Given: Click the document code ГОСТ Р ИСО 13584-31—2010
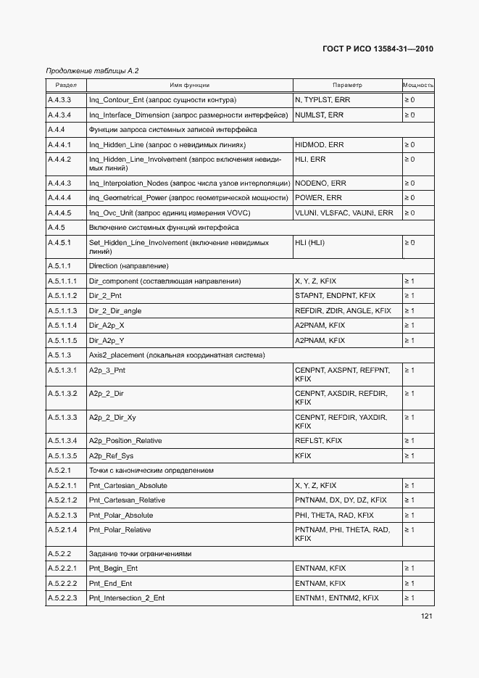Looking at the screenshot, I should pyautogui.click(x=378, y=49).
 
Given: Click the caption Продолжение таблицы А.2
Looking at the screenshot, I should pyautogui.click(x=91, y=70).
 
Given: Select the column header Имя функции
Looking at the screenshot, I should pyautogui.click(x=189, y=86).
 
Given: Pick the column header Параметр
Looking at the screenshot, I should pyautogui.click(x=346, y=86).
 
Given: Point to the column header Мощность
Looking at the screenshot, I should pyautogui.click(x=417, y=86).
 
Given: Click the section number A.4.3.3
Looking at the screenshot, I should pyautogui.click(x=59, y=100).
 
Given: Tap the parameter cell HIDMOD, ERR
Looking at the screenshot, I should pyautogui.click(x=319, y=145).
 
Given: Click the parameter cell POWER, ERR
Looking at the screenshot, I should pyautogui.click(x=318, y=198).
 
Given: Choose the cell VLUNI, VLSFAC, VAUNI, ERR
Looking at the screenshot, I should pyautogui.click(x=343, y=213).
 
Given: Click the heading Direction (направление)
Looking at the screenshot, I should pyautogui.click(x=128, y=266).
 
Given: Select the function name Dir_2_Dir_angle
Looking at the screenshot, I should pyautogui.click(x=114, y=311).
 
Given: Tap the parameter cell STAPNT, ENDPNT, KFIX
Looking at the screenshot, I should pyautogui.click(x=335, y=296).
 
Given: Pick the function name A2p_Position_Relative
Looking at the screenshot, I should pyautogui.click(x=125, y=441).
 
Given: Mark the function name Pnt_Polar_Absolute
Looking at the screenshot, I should pyautogui.click(x=120, y=516).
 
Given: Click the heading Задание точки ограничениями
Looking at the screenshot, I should pyautogui.click(x=140, y=554).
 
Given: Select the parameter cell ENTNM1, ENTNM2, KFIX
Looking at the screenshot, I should pyautogui.click(x=336, y=598).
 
